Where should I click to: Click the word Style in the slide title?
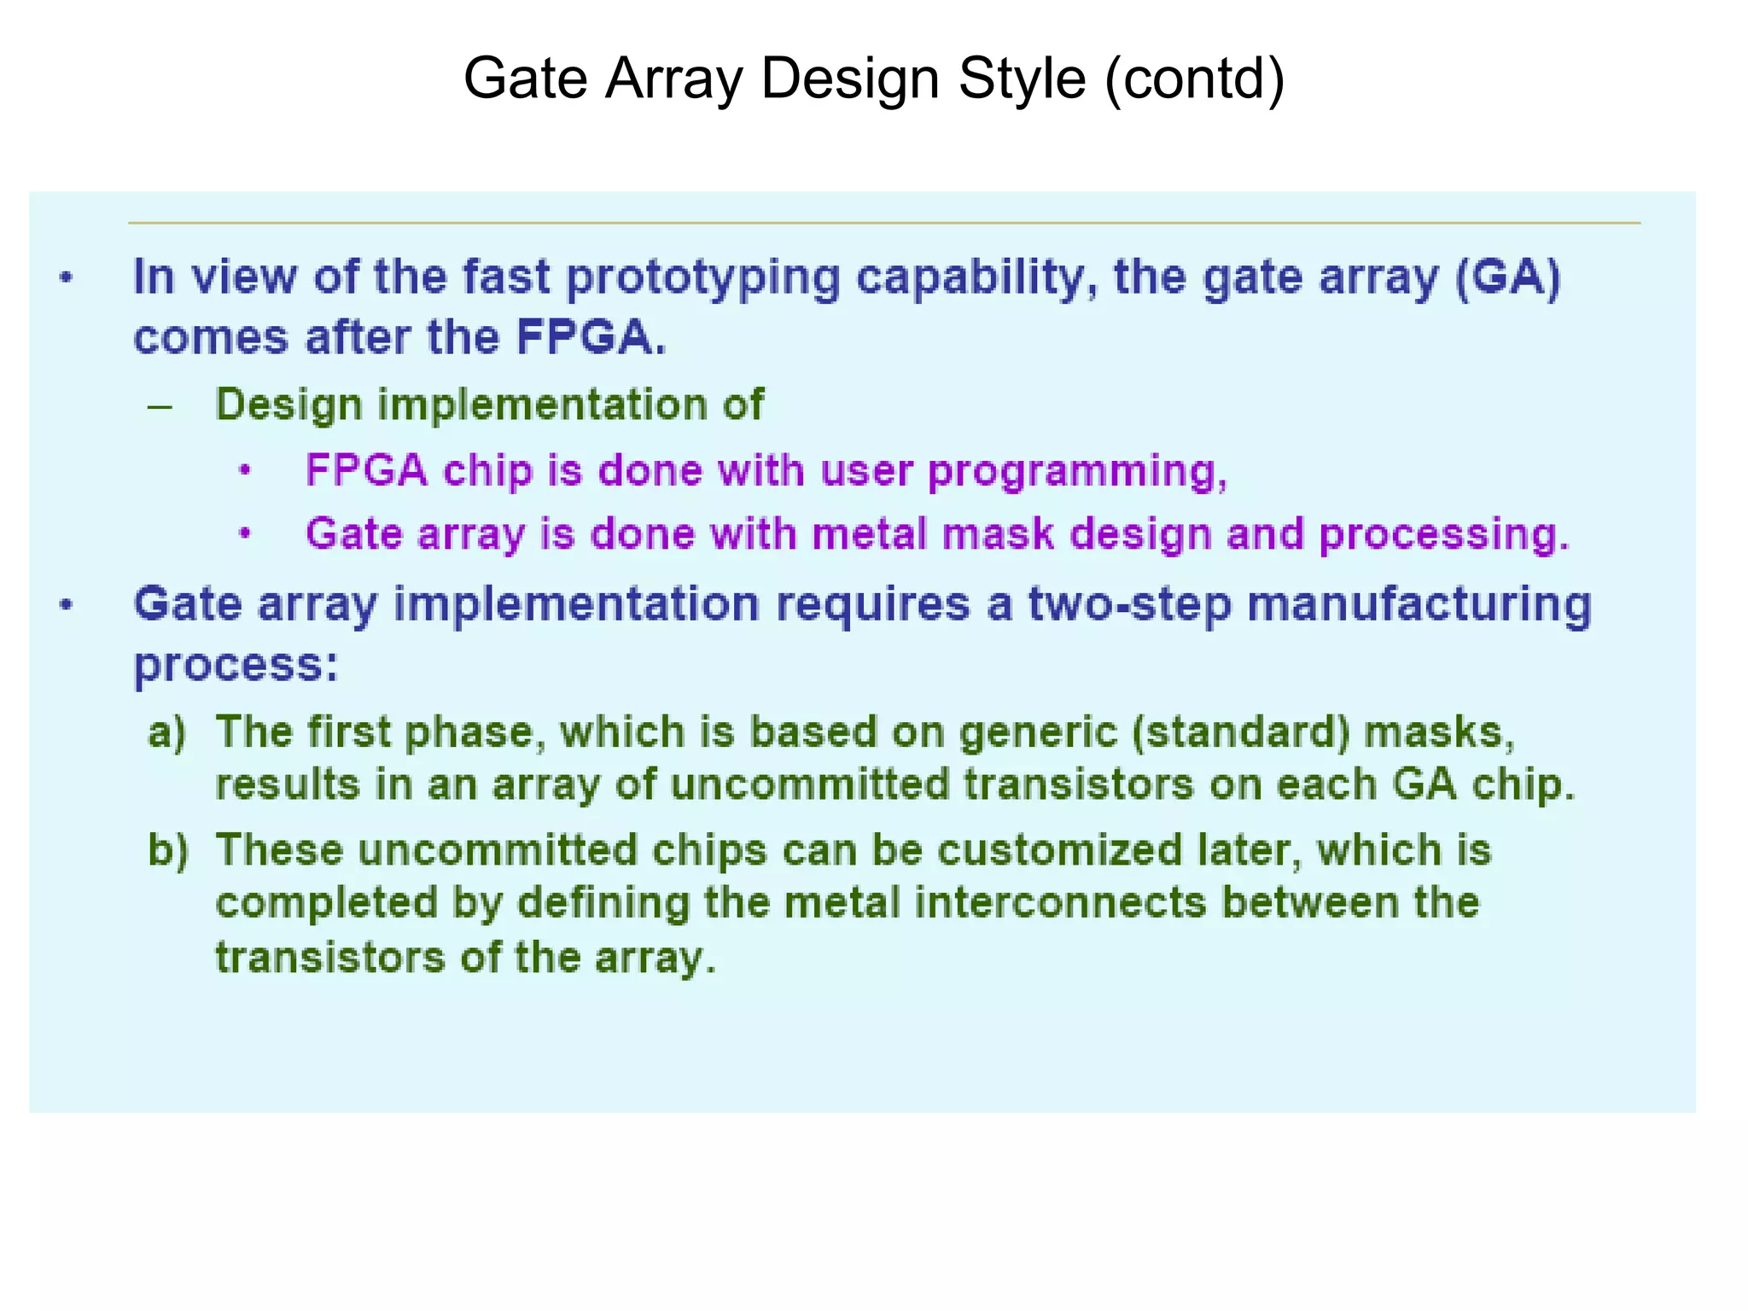[1022, 79]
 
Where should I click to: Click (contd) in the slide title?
[1194, 79]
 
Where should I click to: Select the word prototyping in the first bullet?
[703, 279]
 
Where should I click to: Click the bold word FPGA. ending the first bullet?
[591, 337]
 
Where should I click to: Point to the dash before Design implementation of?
[160, 406]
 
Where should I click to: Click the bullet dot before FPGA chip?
[245, 471]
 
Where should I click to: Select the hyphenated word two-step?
[1129, 604]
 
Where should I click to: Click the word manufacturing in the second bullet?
[1419, 604]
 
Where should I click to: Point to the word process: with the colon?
[236, 666]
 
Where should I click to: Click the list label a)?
[166, 732]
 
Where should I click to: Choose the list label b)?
[167, 850]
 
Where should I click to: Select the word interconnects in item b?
[1060, 903]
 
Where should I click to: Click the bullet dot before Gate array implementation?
[67, 605]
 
